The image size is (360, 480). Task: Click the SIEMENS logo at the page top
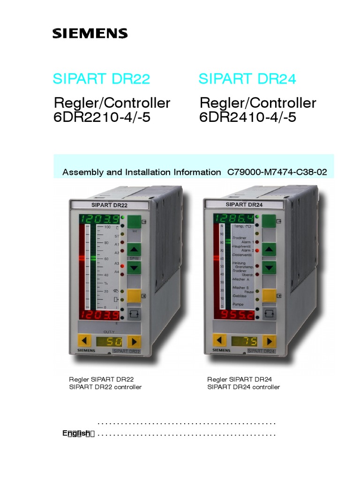90,33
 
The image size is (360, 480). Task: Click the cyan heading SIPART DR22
101,79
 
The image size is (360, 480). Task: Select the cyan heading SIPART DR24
247,79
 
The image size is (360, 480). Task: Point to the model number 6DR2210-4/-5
102,117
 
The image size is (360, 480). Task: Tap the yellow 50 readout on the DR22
111,341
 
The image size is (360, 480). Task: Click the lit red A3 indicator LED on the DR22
123,265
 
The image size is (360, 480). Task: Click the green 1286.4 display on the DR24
234,218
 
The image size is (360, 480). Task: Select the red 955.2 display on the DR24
234,314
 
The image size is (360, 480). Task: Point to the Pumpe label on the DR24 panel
239,305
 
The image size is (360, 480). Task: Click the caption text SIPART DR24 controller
243,387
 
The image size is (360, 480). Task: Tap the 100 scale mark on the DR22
107,227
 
